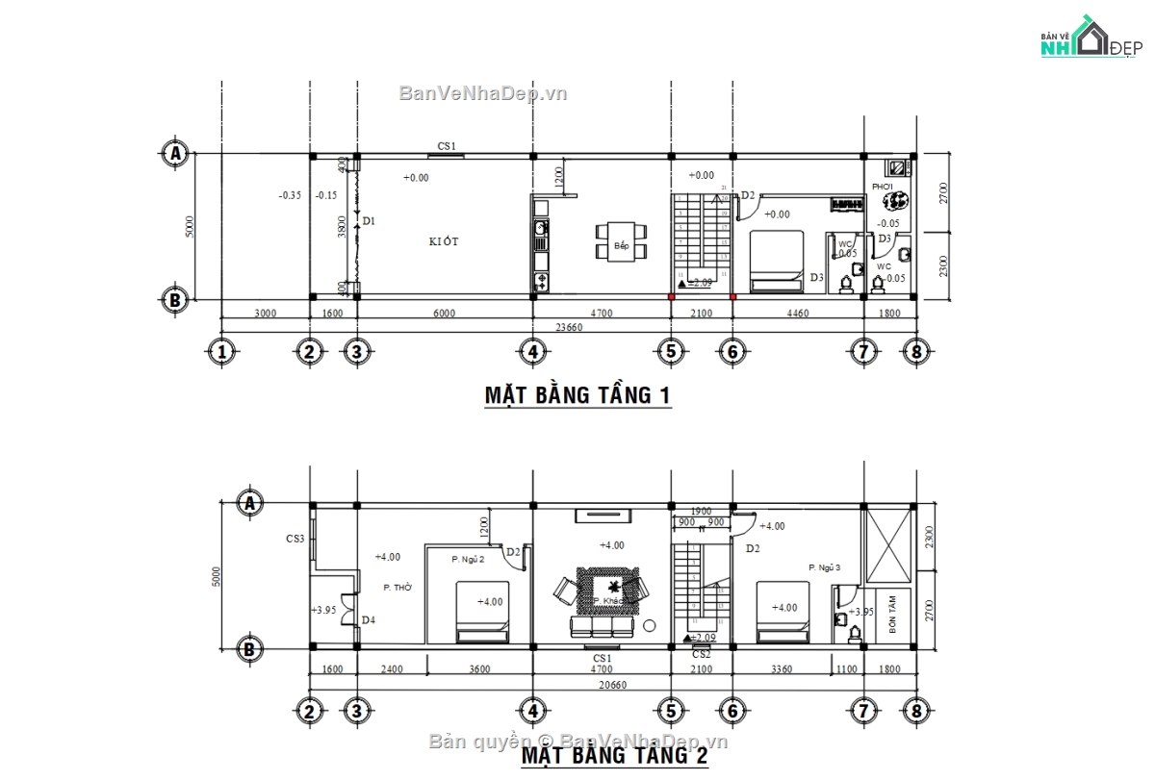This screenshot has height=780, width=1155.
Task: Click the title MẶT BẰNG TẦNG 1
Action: [x=577, y=395]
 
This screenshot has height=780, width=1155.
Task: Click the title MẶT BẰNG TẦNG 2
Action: [x=615, y=757]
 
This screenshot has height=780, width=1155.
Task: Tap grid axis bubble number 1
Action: [x=222, y=352]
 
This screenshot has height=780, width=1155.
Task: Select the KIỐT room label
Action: [x=444, y=241]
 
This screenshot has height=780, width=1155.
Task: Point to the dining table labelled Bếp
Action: [x=621, y=245]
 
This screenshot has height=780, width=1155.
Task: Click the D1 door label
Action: [x=368, y=221]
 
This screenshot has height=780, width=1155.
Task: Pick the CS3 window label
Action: [x=295, y=539]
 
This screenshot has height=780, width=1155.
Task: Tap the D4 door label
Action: [x=369, y=620]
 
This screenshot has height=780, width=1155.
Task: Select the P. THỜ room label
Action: [x=398, y=587]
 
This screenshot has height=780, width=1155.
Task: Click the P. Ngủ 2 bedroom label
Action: [x=468, y=558]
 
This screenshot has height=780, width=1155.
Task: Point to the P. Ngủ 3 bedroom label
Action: [x=825, y=568]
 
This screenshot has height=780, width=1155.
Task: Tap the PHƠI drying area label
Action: [x=883, y=187]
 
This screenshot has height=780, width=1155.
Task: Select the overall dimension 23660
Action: [x=568, y=327]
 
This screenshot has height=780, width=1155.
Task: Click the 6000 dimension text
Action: [x=444, y=314]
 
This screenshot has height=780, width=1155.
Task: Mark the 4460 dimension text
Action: [x=798, y=314]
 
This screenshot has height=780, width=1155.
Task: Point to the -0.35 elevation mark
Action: [x=290, y=195]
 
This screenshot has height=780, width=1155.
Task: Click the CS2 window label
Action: [x=702, y=655]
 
